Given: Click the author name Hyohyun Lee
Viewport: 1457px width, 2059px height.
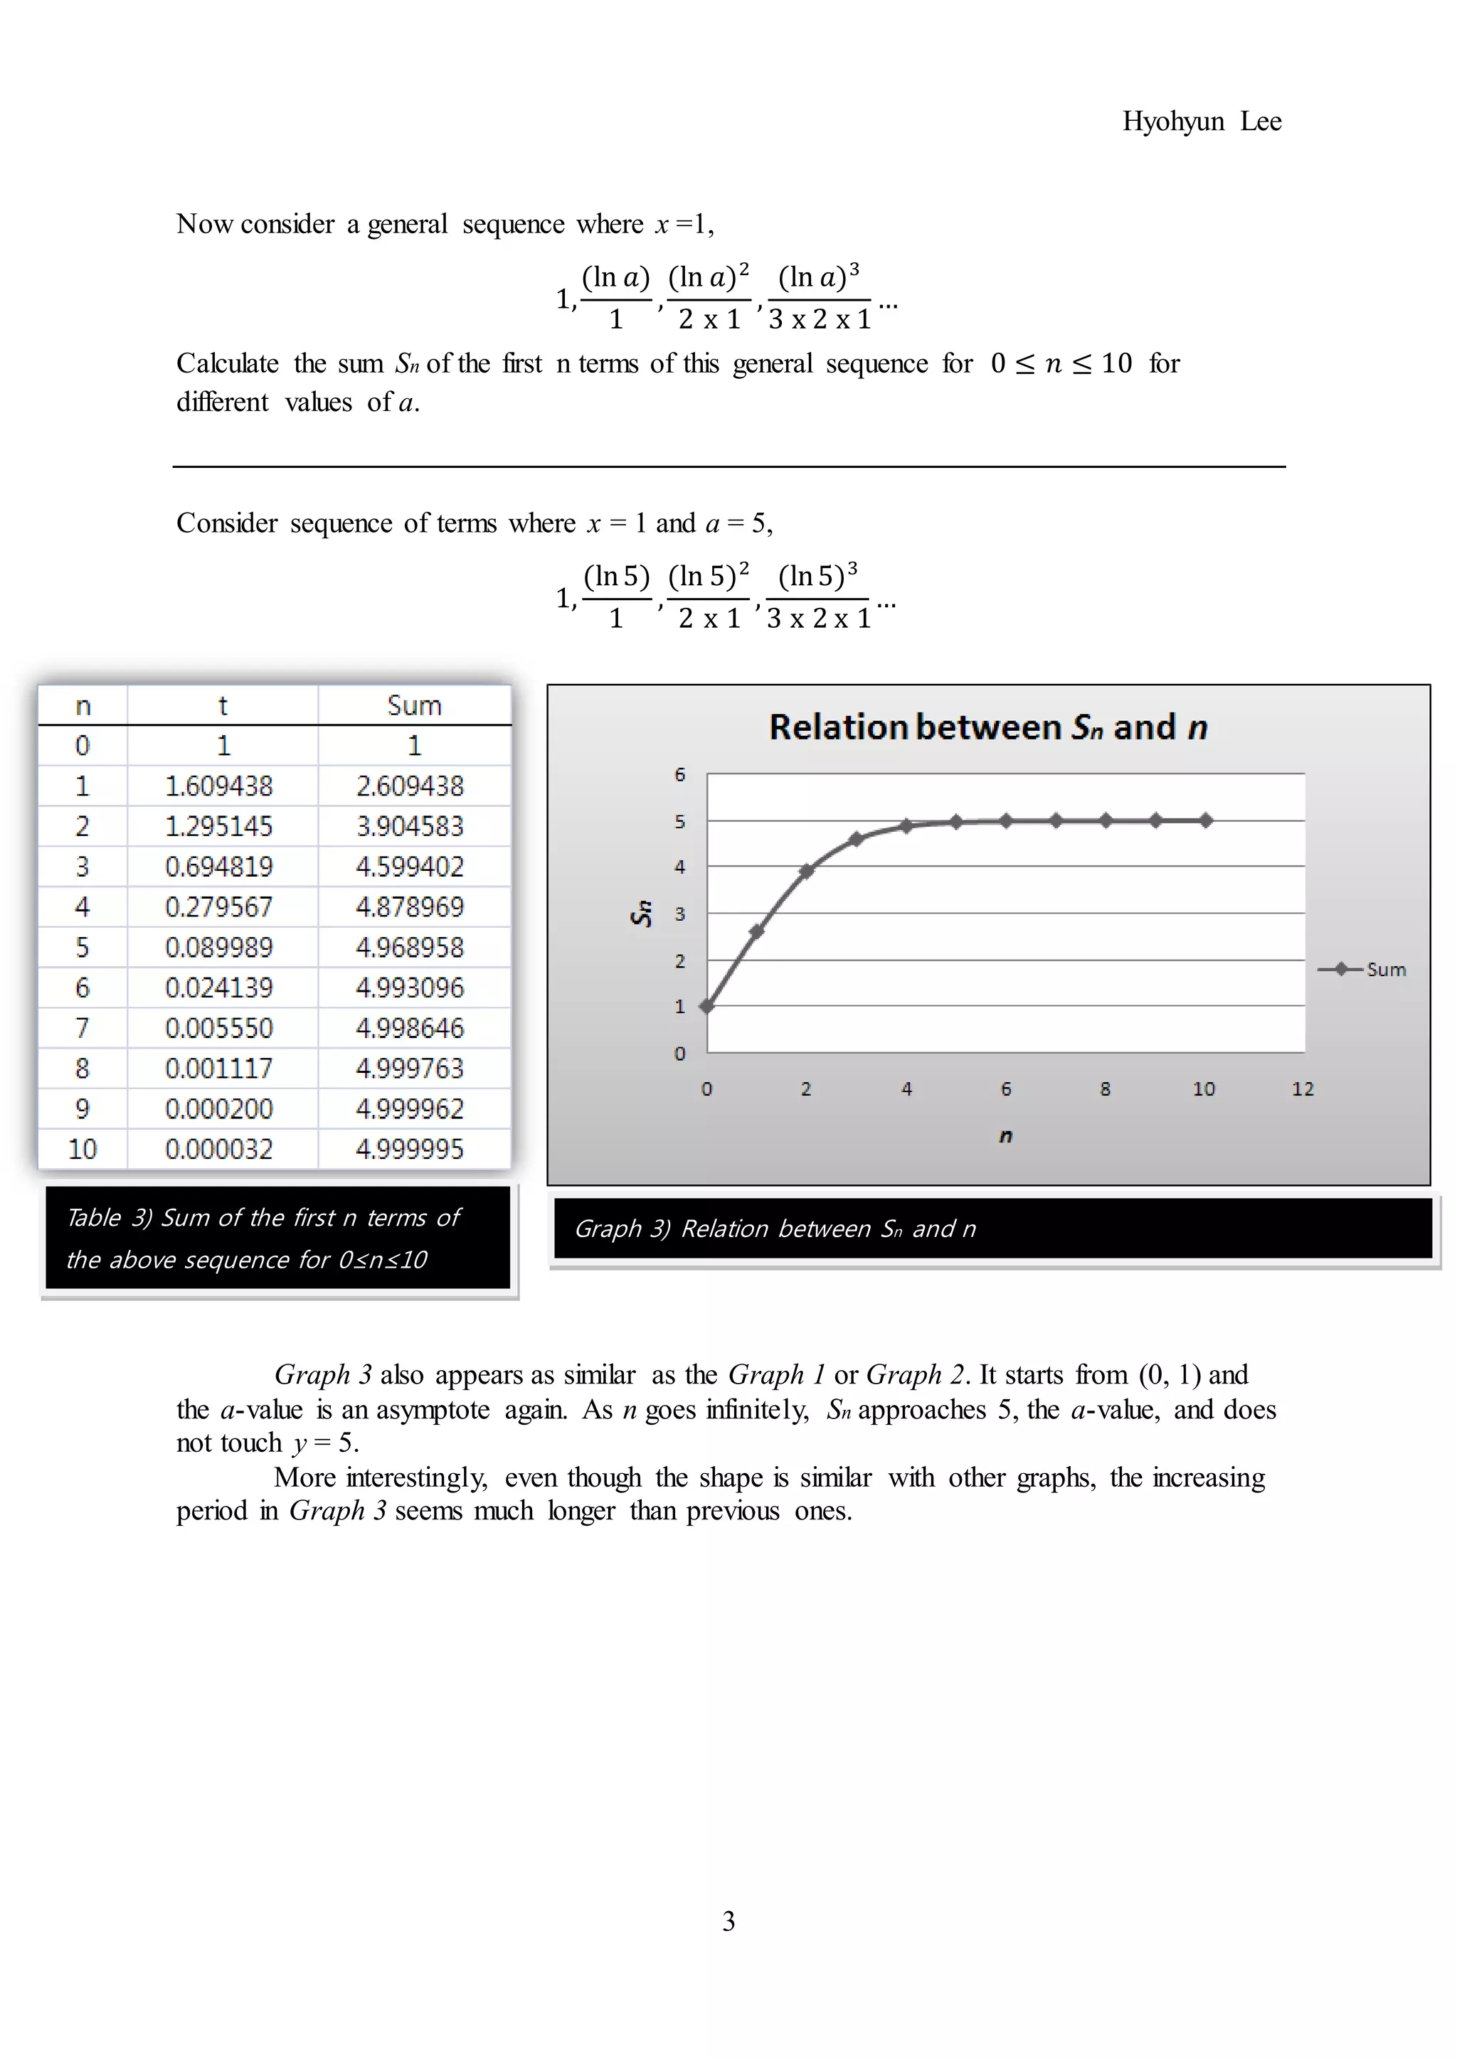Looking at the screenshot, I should tap(1202, 121).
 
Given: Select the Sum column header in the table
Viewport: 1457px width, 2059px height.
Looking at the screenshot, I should tap(413, 706).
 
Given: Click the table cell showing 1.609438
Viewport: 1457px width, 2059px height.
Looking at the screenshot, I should tap(219, 786).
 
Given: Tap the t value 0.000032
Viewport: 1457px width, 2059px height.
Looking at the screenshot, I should tap(219, 1150).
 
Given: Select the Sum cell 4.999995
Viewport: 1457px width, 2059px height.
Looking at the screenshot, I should tap(409, 1150).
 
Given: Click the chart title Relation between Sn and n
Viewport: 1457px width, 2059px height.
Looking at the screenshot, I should tap(987, 727).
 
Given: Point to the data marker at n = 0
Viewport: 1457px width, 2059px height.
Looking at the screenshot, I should tap(707, 1006).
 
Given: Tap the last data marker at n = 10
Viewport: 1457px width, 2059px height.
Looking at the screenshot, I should tap(1206, 820).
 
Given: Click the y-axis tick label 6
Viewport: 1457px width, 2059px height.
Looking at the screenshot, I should tap(680, 775).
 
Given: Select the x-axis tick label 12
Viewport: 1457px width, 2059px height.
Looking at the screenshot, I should tap(1303, 1089).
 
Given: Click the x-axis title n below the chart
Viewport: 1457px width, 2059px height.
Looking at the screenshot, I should tap(1006, 1136).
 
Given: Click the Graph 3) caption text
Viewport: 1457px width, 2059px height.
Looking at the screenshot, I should tap(775, 1229).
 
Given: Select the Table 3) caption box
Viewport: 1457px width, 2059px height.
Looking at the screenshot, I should tap(277, 1239).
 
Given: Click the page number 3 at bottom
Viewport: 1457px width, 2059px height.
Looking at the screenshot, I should tap(728, 1921).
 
